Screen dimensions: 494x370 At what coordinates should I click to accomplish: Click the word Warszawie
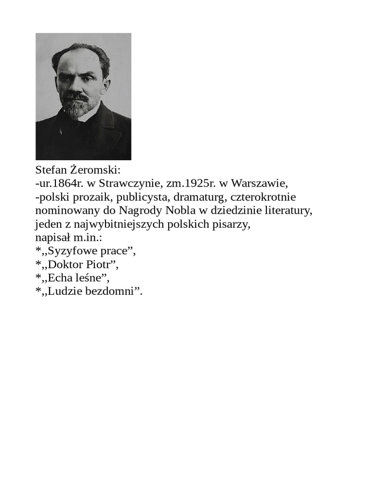coord(259,184)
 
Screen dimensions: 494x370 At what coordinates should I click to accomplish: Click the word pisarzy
coord(234,224)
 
